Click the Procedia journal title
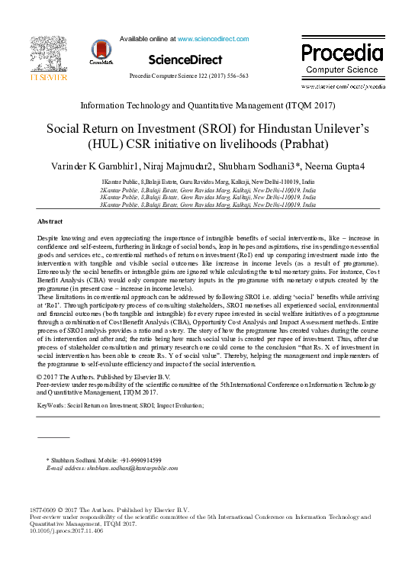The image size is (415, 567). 342,53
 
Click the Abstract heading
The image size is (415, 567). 50,221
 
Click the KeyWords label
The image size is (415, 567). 51,405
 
